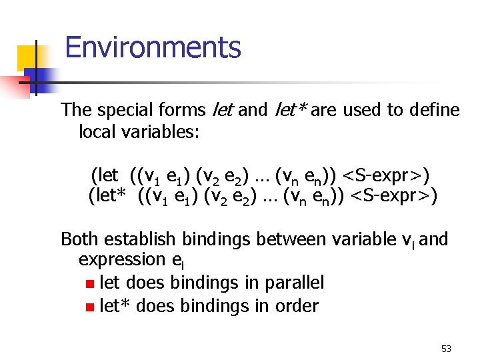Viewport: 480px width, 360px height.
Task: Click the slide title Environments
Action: pyautogui.click(x=153, y=48)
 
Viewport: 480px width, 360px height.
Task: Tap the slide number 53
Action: pyautogui.click(x=446, y=349)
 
